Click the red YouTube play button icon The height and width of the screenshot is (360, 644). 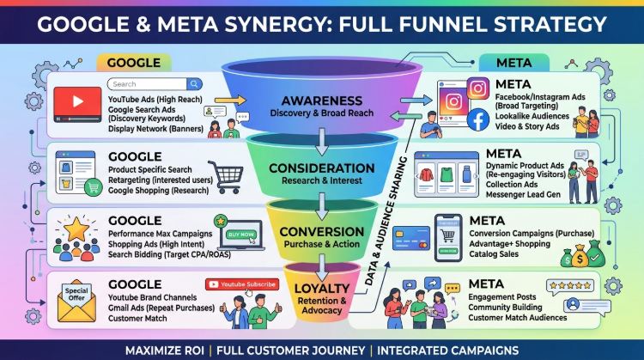tap(77, 104)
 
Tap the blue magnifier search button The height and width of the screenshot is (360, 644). tap(194, 84)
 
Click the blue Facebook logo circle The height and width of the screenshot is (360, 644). tap(477, 119)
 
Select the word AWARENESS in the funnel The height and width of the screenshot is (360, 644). tap(322, 101)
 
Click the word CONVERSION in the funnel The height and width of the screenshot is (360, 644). tap(322, 232)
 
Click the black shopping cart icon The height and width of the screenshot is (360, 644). tap(226, 177)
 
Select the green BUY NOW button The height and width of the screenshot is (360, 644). tap(241, 235)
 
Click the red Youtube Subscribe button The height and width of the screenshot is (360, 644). tap(242, 284)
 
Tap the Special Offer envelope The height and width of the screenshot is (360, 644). tap(76, 302)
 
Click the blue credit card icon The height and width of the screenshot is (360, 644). tap(411, 238)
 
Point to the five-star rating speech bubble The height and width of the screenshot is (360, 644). tap(570, 286)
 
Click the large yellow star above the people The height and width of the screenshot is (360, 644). tap(76, 229)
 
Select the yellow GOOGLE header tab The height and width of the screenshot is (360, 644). tap(134, 63)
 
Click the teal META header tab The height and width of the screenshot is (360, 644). tap(513, 63)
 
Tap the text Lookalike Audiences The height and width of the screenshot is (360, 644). tap(532, 116)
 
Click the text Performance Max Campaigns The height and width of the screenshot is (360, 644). tap(161, 234)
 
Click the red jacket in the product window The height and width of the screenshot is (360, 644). tap(426, 175)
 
